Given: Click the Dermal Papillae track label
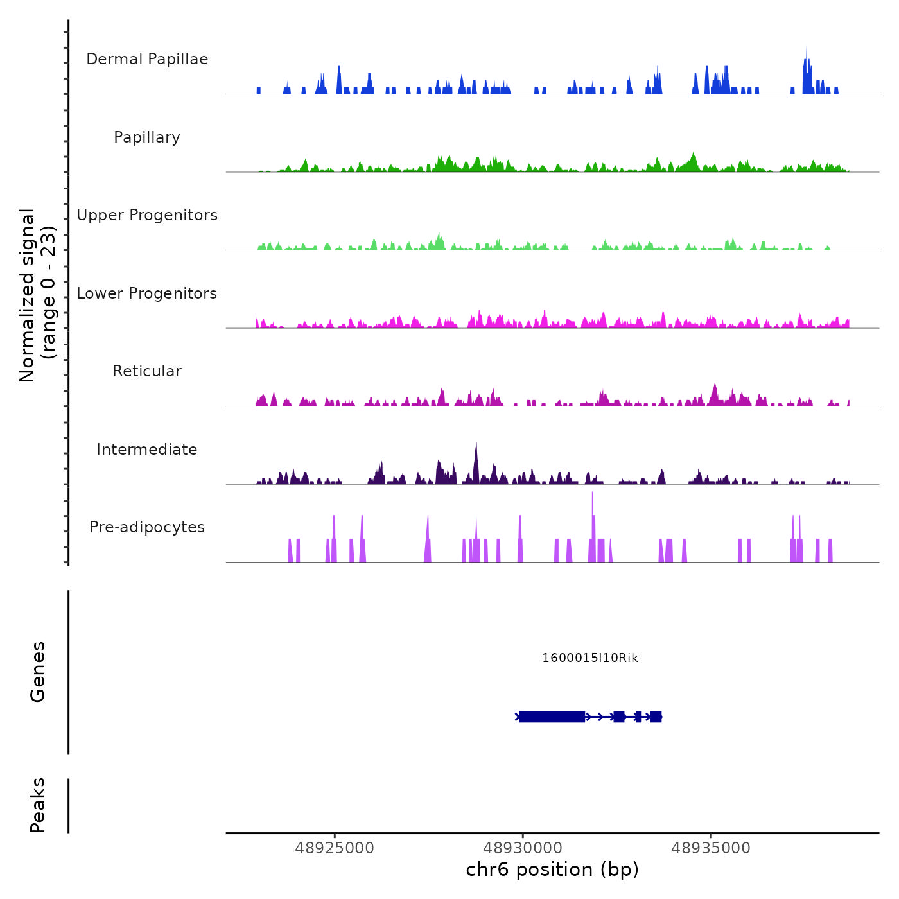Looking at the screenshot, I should coord(147,59).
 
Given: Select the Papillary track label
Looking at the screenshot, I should coord(147,137).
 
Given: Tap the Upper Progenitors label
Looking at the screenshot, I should coord(147,215).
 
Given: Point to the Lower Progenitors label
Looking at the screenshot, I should coord(147,293).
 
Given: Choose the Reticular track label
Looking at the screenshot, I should coord(147,371).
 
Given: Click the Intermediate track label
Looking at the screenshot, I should coord(147,449).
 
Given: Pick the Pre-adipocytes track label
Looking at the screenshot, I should coord(147,527).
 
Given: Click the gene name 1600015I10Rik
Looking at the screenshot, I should coord(590,658).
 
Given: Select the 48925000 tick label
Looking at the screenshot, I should coord(335,848).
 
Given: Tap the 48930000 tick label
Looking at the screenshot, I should coord(523,848).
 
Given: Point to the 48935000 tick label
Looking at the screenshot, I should coord(711,848).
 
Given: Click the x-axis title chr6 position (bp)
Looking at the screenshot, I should coord(552,869).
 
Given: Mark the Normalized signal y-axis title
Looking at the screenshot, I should coord(37,295).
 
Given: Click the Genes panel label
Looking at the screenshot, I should coord(38,672).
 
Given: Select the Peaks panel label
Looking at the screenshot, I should coord(38,805).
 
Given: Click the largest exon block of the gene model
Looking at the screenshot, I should coord(552,717).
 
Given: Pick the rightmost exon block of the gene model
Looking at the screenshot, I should coord(656,717).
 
